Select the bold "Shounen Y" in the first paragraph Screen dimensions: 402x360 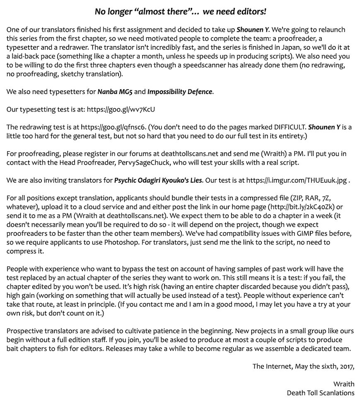pyautogui.click(x=253, y=30)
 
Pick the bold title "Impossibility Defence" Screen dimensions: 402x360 pyautogui.click(x=180, y=92)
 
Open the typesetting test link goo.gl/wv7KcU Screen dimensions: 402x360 pyautogui.click(x=121, y=109)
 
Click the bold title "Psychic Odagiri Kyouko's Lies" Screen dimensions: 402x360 pyautogui.click(x=158, y=180)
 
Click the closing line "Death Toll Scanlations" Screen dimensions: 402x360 pyautogui.click(x=320, y=392)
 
